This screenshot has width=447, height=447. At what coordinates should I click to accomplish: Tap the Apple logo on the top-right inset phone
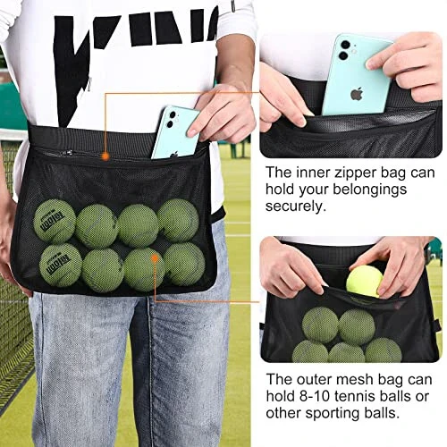pos(356,92)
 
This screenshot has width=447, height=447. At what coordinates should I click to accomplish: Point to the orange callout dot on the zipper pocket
pos(105,156)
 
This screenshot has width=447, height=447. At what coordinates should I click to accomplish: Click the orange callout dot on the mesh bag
pos(155,259)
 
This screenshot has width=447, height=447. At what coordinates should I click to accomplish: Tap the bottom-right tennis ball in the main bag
pos(184,265)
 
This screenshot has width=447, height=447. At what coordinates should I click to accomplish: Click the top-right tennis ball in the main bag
pos(178,220)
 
